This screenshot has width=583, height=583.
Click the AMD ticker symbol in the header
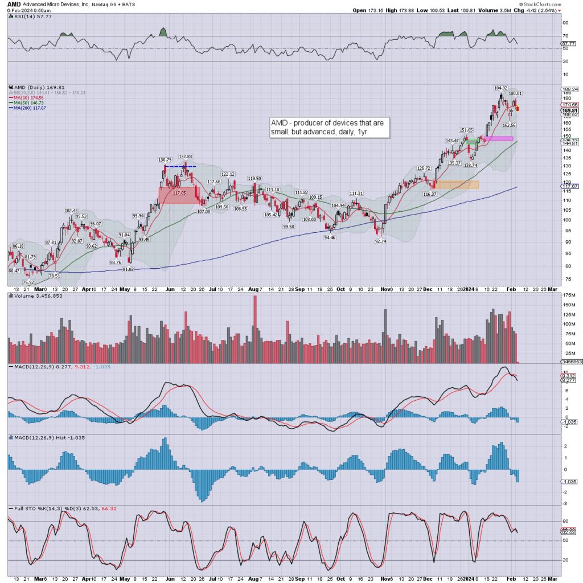pos(14,4)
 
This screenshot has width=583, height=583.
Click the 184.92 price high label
pos(500,88)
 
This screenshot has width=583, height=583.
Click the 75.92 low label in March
pos(28,282)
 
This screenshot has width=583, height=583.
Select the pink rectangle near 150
pos(498,138)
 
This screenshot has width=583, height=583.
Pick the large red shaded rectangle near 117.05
pos(179,195)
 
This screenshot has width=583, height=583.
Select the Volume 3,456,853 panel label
pos(32,295)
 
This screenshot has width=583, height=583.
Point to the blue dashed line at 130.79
pos(180,166)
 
